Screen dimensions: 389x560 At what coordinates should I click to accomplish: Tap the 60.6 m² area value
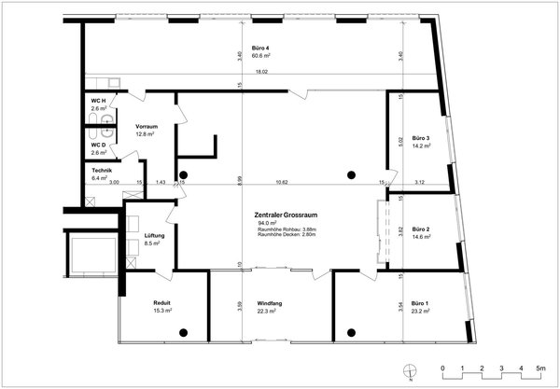pyautogui.click(x=261, y=57)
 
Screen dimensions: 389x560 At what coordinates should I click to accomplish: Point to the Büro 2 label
pyautogui.click(x=420, y=229)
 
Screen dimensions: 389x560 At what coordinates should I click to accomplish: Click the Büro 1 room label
pyautogui.click(x=420, y=304)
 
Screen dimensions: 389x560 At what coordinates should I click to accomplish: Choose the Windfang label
pyautogui.click(x=270, y=304)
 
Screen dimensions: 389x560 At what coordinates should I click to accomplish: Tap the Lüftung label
pyautogui.click(x=155, y=236)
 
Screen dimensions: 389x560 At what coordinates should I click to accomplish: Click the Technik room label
pyautogui.click(x=102, y=170)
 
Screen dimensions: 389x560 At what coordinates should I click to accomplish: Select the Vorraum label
pyautogui.click(x=146, y=126)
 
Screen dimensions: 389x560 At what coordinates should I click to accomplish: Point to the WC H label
pyautogui.click(x=98, y=101)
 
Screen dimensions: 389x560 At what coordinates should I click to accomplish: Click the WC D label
pyautogui.click(x=98, y=145)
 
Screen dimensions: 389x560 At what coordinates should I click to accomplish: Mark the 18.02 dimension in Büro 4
pyautogui.click(x=262, y=72)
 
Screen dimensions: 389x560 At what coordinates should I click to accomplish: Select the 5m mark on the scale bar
pyautogui.click(x=540, y=369)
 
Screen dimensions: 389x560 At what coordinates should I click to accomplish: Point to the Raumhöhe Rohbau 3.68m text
pyautogui.click(x=291, y=229)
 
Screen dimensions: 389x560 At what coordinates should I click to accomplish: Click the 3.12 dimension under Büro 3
pyautogui.click(x=420, y=182)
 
